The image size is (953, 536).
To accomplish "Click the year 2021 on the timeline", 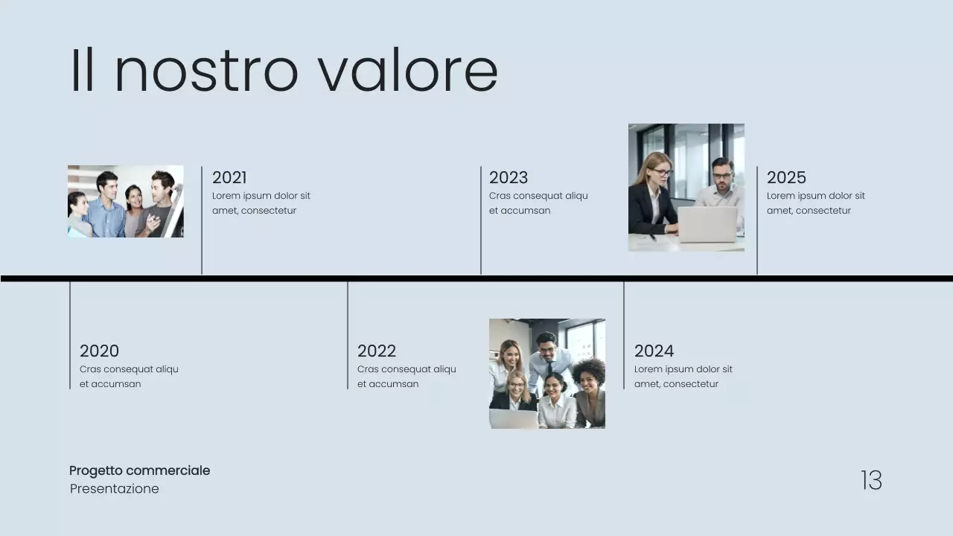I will click(229, 177).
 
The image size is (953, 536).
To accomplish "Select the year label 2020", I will click(99, 351).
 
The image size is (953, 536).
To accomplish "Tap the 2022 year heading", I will click(377, 351).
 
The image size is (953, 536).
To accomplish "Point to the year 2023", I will click(509, 177).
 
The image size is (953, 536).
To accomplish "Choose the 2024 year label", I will click(654, 351).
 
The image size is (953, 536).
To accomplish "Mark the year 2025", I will click(786, 177).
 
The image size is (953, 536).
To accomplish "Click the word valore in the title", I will click(408, 71).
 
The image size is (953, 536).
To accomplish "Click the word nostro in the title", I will click(206, 71).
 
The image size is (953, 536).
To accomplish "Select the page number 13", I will click(871, 480).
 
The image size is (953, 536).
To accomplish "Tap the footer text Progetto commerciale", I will click(139, 470).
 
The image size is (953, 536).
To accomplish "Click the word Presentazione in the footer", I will click(115, 489).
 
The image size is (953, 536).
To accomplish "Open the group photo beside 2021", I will click(125, 201).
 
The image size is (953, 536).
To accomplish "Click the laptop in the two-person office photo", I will click(707, 224).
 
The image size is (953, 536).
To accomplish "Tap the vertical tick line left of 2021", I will click(202, 220).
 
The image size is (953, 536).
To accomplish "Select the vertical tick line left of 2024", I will click(624, 335).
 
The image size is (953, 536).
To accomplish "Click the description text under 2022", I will click(407, 377).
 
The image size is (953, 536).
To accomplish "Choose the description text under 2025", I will click(816, 203).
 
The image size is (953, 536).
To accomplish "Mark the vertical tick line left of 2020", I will click(70, 335).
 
